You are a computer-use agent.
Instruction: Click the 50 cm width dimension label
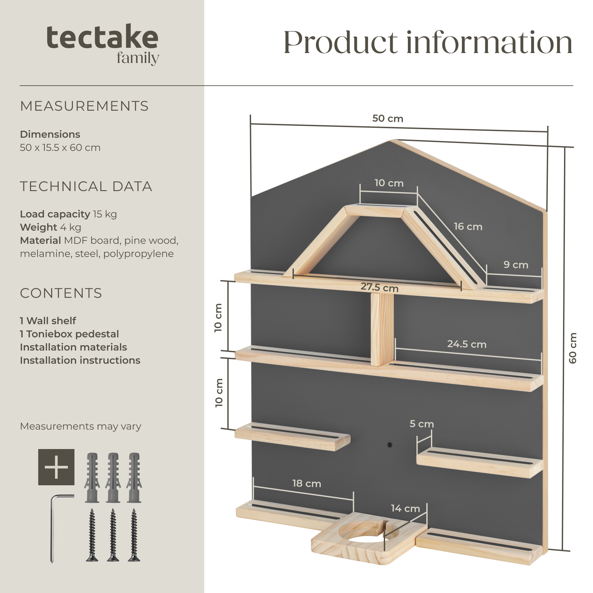pos(388,119)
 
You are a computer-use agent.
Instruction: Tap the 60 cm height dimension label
pos(573,348)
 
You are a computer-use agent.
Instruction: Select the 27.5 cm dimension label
pos(380,287)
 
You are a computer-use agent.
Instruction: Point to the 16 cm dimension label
pos(468,227)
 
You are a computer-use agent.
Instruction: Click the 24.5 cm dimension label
pos(467,344)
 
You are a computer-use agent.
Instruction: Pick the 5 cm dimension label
pos(422,424)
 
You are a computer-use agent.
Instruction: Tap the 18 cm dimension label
pos(307,484)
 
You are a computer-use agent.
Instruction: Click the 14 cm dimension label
pos(405,509)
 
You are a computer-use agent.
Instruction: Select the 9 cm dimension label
pos(516,265)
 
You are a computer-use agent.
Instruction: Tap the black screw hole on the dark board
pos(390,445)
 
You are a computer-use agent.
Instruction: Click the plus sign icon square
pos(56,467)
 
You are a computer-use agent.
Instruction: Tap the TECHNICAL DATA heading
pos(86,186)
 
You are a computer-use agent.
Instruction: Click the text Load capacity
pos(55,214)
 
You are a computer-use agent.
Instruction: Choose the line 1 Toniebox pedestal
pos(69,334)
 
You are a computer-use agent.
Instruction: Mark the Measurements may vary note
pos(81,427)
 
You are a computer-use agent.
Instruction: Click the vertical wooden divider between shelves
pos(382,329)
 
